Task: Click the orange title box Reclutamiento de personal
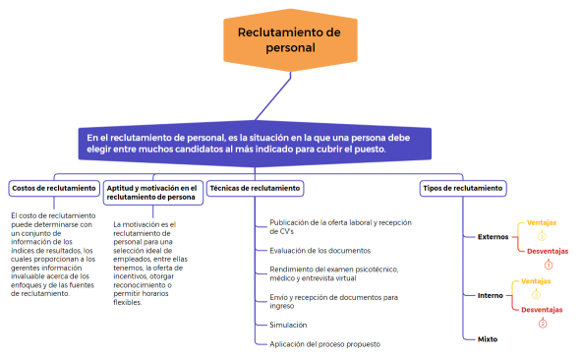point(289,40)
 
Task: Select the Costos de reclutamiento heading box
point(52,187)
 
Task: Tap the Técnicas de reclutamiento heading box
point(255,187)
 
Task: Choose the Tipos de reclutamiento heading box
point(462,187)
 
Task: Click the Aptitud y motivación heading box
point(151,192)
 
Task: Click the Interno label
point(490,295)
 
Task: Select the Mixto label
point(487,338)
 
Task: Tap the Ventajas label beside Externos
point(540,222)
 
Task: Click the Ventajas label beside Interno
point(535,281)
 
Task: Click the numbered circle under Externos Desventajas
point(549,265)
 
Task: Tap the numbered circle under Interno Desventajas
point(542,324)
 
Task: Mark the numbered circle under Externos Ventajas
point(541,236)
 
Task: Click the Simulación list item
point(288,324)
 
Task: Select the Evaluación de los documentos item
point(320,251)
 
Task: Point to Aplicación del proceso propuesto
point(324,343)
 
